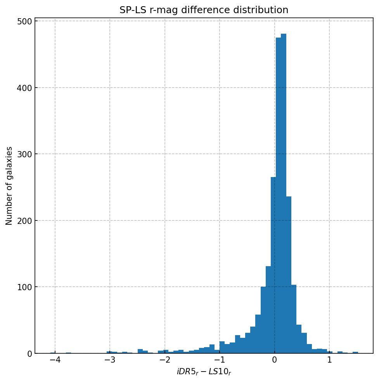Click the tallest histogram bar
tap(284, 194)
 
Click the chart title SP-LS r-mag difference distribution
tap(204, 10)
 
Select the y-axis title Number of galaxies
tap(9, 186)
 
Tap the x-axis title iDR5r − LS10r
tap(204, 372)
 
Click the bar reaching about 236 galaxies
tap(289, 275)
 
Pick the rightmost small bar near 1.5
tap(355, 353)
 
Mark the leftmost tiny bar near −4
tap(53, 353)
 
